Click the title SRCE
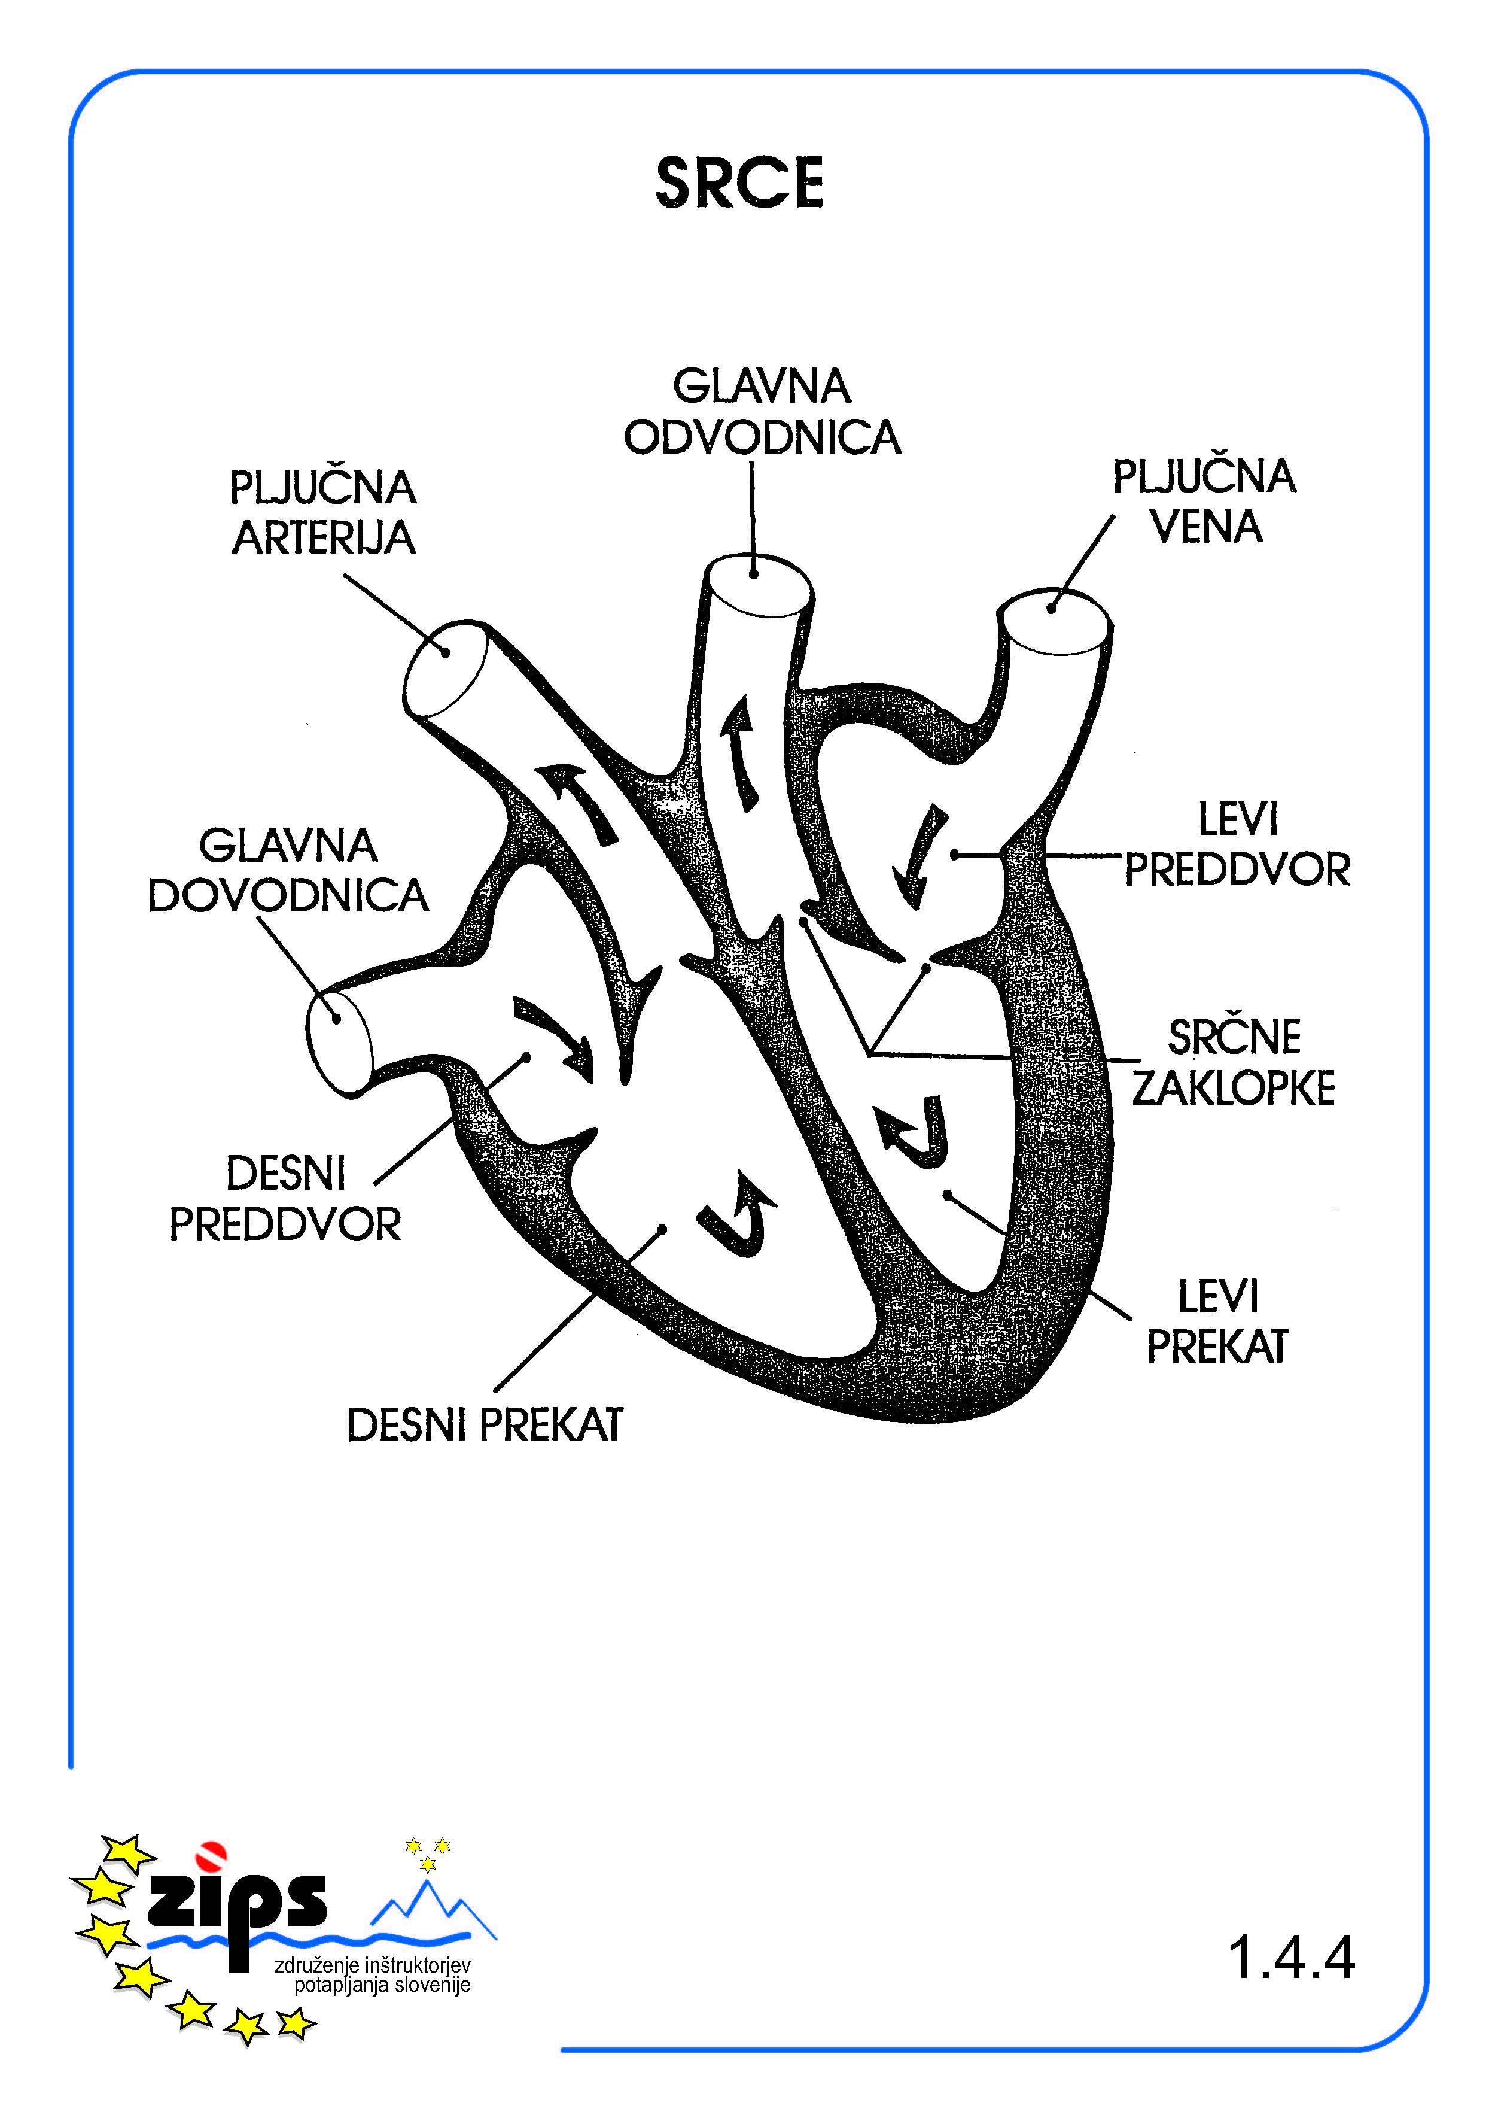tap(739, 183)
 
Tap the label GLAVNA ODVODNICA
tap(762, 412)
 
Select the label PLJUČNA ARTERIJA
tap(323, 513)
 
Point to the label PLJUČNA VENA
tap(1204, 502)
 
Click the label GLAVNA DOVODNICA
tap(288, 870)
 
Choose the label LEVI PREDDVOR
tap(1238, 844)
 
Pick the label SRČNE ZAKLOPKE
tap(1234, 1062)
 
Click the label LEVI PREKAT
tap(1217, 1321)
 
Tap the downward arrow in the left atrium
tap(919, 855)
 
